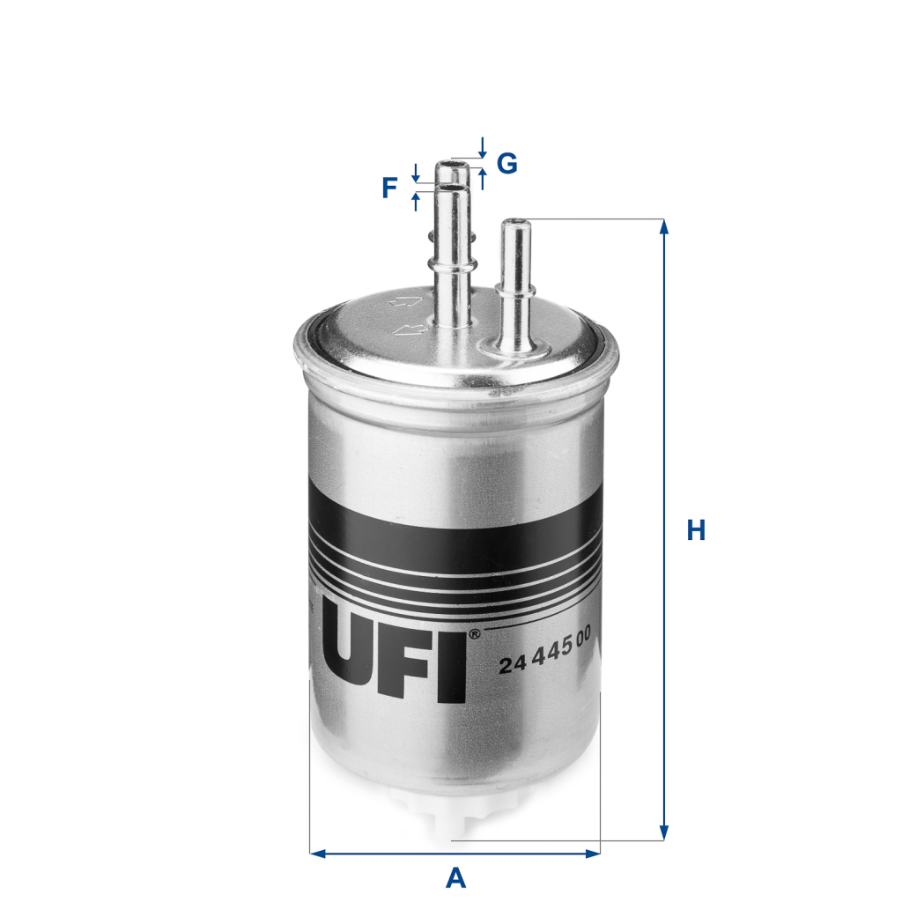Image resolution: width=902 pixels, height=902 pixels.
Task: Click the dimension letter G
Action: click(x=506, y=163)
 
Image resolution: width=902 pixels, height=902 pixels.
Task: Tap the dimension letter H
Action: click(x=696, y=530)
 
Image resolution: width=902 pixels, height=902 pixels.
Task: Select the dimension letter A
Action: click(x=455, y=877)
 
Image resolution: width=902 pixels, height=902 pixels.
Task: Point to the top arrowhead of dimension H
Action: click(x=664, y=226)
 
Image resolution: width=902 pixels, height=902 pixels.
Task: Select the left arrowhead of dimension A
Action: click(x=317, y=853)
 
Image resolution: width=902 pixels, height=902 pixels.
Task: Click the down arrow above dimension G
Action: click(x=482, y=144)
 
